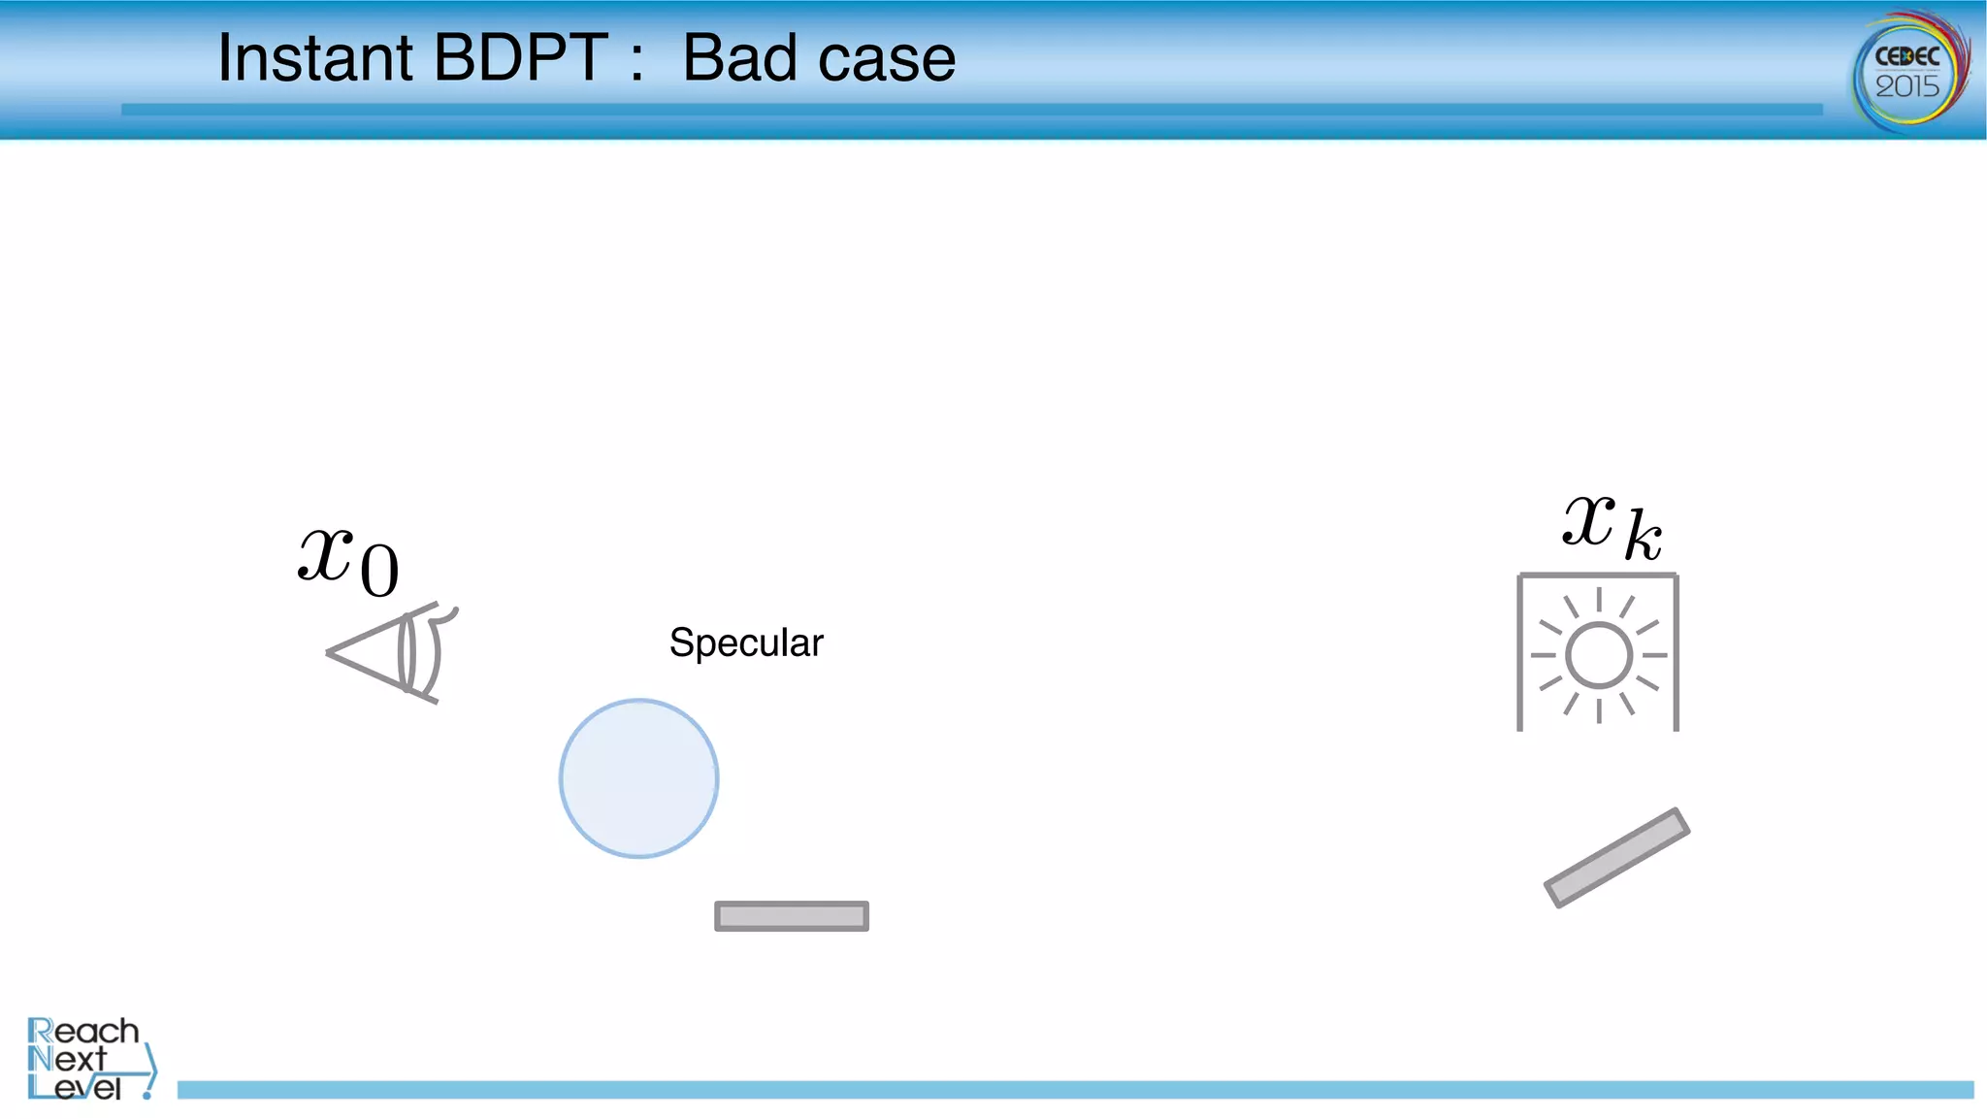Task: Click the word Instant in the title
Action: pyautogui.click(x=315, y=58)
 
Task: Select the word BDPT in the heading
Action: pyautogui.click(x=521, y=58)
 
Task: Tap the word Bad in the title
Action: pyautogui.click(x=740, y=58)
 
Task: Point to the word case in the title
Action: pyautogui.click(x=887, y=60)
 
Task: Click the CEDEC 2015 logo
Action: pyautogui.click(x=1909, y=70)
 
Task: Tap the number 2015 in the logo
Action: pyautogui.click(x=1907, y=87)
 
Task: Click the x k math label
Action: pyautogui.click(x=1612, y=526)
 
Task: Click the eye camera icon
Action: pyautogui.click(x=393, y=653)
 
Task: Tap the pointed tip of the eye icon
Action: pyautogui.click(x=330, y=652)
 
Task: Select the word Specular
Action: pyautogui.click(x=746, y=642)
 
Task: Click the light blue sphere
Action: pyautogui.click(x=638, y=778)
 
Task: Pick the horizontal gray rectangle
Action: pyautogui.click(x=792, y=916)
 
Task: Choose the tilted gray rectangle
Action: pyautogui.click(x=1616, y=858)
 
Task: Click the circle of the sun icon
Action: pyautogui.click(x=1598, y=655)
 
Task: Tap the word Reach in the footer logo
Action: pyautogui.click(x=83, y=1031)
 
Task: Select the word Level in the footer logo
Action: pyautogui.click(x=75, y=1088)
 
